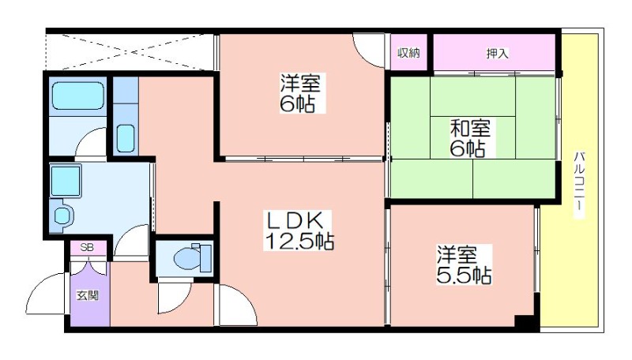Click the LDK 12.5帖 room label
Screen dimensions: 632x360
pyautogui.click(x=299, y=231)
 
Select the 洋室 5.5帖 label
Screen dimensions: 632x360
pyautogui.click(x=464, y=265)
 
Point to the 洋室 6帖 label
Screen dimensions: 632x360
pyautogui.click(x=299, y=93)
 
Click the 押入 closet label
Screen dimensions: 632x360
pyautogui.click(x=497, y=53)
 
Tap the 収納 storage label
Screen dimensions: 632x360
pyautogui.click(x=408, y=53)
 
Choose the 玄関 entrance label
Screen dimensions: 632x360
pyautogui.click(x=88, y=296)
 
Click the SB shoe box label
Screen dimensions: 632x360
pyautogui.click(x=87, y=247)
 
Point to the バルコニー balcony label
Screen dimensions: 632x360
pyautogui.click(x=579, y=185)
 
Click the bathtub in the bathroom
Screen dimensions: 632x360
pyautogui.click(x=78, y=96)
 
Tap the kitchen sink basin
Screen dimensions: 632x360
pyautogui.click(x=126, y=138)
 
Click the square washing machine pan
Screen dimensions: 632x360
pyautogui.click(x=66, y=180)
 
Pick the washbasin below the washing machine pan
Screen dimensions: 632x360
pyautogui.click(x=62, y=216)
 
